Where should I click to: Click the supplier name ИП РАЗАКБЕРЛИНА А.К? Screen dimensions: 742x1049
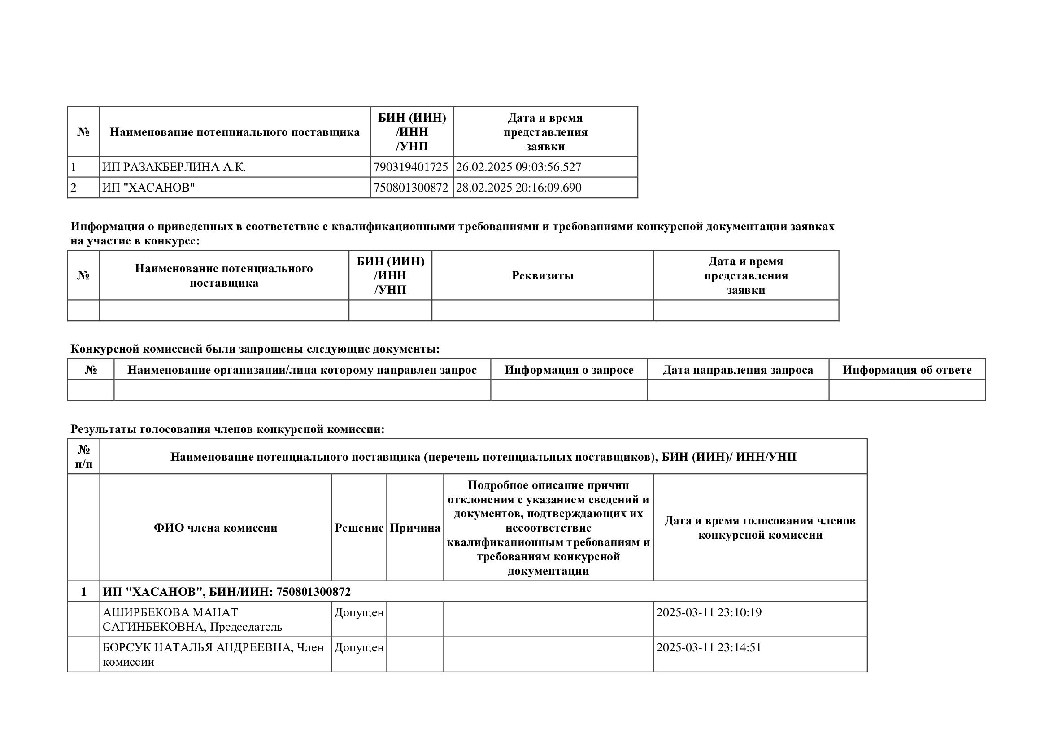(x=174, y=167)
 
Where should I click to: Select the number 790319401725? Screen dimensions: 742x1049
(x=411, y=167)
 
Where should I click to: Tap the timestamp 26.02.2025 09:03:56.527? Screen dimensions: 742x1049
(x=518, y=167)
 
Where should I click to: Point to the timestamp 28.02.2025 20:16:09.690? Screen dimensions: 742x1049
(x=518, y=188)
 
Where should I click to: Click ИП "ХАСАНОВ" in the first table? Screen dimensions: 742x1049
(x=148, y=188)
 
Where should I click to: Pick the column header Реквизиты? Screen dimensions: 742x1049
(x=542, y=275)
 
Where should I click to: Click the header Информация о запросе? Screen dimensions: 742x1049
(x=569, y=370)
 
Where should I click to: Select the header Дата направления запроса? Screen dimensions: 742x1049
(x=738, y=370)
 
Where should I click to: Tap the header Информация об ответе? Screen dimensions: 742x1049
(x=907, y=370)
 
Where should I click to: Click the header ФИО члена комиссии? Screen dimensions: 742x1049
(x=216, y=528)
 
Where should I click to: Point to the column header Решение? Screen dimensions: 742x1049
(x=359, y=528)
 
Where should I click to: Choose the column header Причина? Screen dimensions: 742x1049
(x=415, y=528)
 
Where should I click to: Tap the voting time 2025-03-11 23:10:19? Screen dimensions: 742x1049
(x=709, y=613)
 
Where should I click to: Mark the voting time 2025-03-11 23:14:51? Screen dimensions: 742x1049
(x=709, y=648)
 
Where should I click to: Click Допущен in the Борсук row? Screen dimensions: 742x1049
(x=359, y=648)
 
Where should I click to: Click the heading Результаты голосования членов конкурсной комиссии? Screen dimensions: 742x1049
(x=227, y=429)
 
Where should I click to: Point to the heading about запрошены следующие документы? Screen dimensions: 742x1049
(x=255, y=349)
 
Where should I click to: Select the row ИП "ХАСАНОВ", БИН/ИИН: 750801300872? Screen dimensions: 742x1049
(x=226, y=592)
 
